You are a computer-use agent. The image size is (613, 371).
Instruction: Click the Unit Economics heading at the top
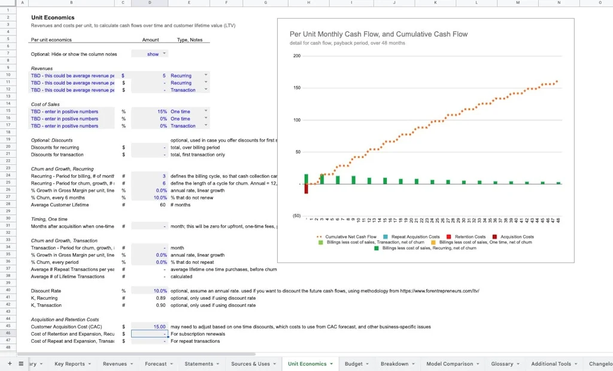click(53, 18)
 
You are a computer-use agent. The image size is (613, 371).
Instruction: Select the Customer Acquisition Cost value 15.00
click(158, 327)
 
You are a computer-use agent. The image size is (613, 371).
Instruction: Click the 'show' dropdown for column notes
click(153, 54)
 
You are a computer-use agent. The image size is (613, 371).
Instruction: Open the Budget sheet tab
click(354, 364)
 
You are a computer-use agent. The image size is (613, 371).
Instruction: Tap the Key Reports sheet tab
click(69, 364)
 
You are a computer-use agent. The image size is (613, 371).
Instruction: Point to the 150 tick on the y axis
click(296, 88)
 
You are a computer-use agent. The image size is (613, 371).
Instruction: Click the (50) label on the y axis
click(296, 216)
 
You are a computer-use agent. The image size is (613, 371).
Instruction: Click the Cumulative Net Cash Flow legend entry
click(351, 237)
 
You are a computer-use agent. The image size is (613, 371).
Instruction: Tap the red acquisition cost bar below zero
click(306, 189)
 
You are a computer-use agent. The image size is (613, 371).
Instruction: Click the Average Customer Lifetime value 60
click(162, 205)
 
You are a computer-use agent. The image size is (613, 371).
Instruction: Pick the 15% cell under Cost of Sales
click(162, 111)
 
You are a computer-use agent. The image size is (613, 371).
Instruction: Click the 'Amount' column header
click(150, 40)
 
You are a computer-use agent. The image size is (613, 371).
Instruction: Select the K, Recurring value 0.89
click(160, 298)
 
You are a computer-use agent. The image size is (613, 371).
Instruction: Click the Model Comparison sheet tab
click(450, 364)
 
